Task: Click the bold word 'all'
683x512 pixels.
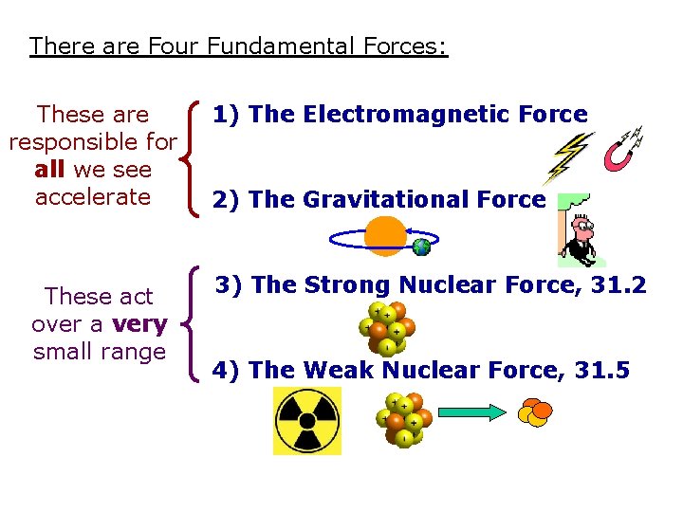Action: click(x=50, y=170)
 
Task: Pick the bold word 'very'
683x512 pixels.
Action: click(x=139, y=324)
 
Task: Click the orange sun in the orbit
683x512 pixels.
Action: click(x=385, y=236)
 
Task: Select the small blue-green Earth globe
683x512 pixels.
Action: click(x=422, y=247)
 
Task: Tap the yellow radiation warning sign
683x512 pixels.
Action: click(x=306, y=420)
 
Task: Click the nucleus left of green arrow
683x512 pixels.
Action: click(x=403, y=417)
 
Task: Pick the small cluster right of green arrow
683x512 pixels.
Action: click(x=536, y=412)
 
